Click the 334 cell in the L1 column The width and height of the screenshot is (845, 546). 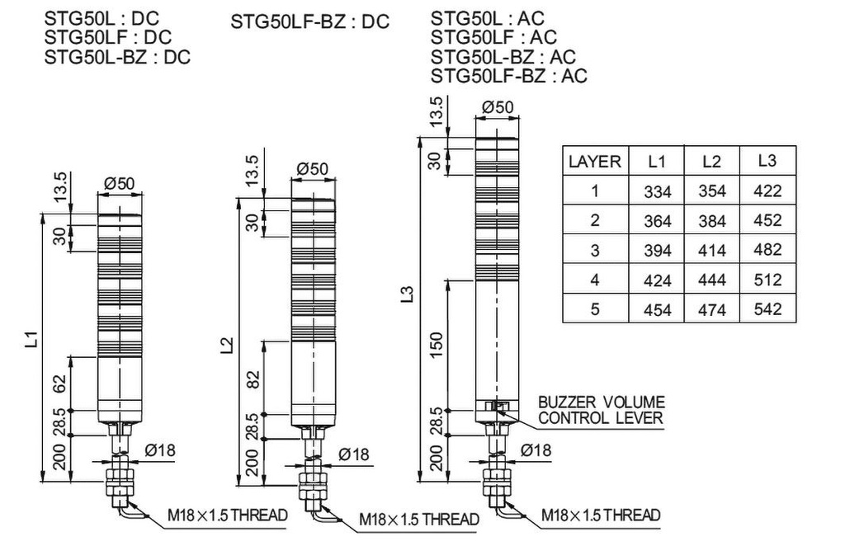pos(658,191)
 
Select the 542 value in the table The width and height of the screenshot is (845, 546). pos(767,309)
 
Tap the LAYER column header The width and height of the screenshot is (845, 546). pos(594,162)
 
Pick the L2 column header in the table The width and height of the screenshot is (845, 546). pos(711,162)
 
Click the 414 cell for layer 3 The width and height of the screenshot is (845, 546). pos(711,251)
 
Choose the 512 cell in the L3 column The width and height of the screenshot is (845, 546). pos(767,280)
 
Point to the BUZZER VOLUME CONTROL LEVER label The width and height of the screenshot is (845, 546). pos(601,410)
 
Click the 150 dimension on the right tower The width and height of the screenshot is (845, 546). pos(438,343)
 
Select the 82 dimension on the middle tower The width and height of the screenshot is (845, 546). pos(253,379)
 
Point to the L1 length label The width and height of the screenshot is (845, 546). pos(31,339)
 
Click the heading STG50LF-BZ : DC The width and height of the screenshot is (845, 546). pos(309,21)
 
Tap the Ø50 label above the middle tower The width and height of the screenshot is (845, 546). pos(312,169)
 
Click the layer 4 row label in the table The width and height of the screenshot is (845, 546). pos(594,280)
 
